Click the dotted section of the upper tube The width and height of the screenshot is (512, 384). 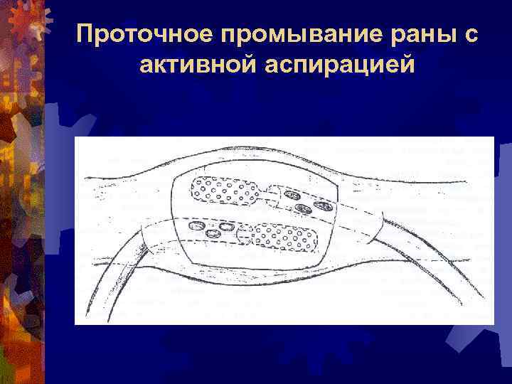click(x=224, y=189)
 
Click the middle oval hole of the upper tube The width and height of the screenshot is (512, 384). click(x=304, y=208)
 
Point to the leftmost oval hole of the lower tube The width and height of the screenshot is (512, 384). click(x=193, y=227)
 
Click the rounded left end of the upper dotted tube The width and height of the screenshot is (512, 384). click(x=193, y=186)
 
